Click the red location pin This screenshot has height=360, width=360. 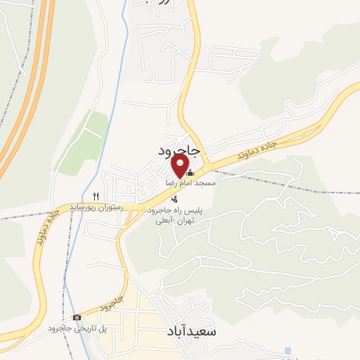tap(180, 165)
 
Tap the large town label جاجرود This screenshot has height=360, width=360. tap(179, 150)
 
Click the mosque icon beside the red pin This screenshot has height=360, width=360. tap(191, 172)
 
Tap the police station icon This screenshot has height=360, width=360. tap(165, 199)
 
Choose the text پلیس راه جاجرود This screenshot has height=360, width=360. tap(173, 210)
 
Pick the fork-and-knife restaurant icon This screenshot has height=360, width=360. tap(96, 196)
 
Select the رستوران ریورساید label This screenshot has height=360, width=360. tap(96, 207)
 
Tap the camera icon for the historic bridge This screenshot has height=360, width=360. tap(77, 318)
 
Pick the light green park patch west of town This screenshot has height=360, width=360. tap(88, 141)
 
